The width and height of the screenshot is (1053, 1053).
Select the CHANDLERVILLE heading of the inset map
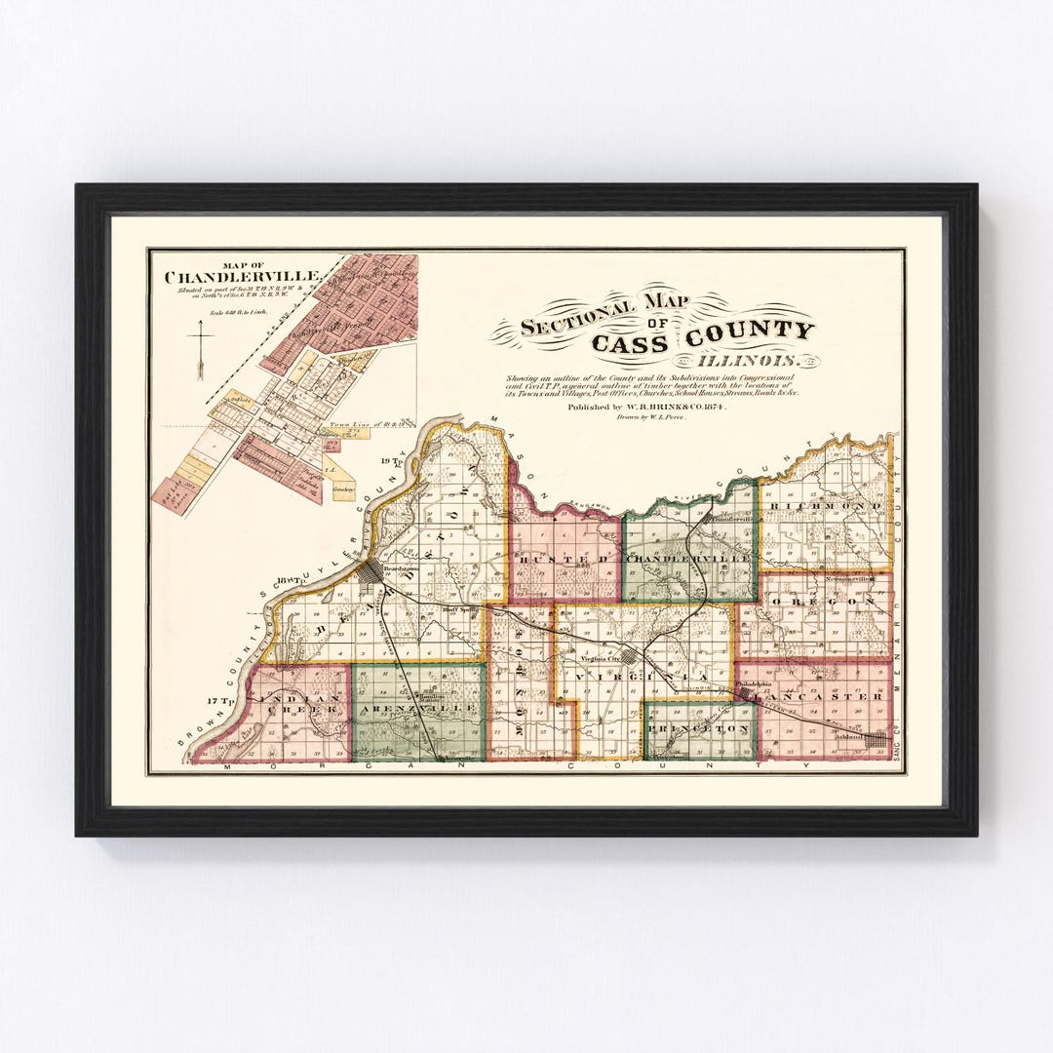coord(242,277)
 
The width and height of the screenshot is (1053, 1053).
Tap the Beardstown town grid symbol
coord(370,573)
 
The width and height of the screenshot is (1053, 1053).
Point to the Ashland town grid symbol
coord(875,740)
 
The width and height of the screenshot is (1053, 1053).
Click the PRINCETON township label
coord(700,728)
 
